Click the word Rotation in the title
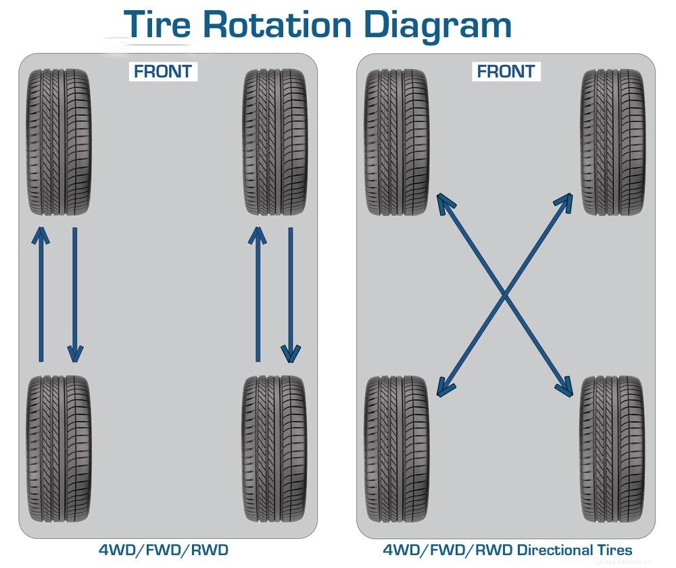[277, 25]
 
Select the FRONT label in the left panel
[162, 71]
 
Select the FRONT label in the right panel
[506, 71]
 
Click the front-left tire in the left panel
[59, 142]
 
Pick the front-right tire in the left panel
[274, 142]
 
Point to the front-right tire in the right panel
[612, 142]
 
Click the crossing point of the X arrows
[505, 294]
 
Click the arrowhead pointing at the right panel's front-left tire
[444, 202]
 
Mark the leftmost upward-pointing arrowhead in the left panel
[41, 235]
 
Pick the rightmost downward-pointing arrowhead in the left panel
[291, 354]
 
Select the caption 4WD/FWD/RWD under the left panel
[163, 550]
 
